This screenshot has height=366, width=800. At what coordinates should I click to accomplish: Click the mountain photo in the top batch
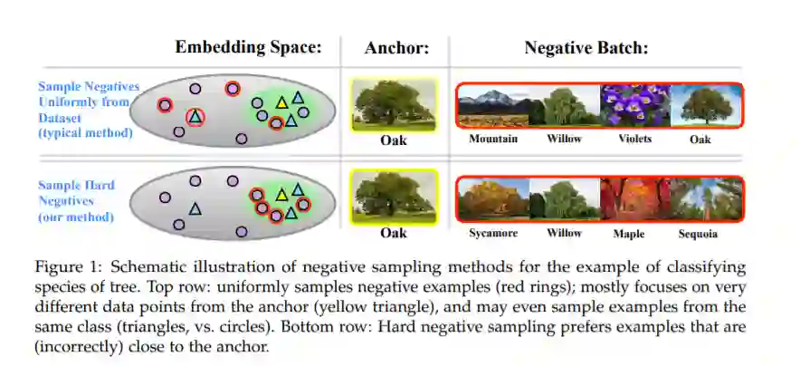click(x=493, y=105)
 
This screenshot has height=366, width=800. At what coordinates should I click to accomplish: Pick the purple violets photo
click(x=635, y=105)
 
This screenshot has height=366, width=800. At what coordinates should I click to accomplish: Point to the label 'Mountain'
click(x=493, y=140)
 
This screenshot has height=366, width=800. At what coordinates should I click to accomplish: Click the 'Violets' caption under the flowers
click(x=635, y=140)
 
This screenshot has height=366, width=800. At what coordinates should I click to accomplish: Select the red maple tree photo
click(x=635, y=199)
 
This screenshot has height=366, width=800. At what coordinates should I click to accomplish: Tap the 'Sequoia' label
click(x=698, y=234)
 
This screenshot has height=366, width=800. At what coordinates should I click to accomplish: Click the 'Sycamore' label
click(x=493, y=234)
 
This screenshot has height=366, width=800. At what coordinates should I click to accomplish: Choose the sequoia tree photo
click(x=706, y=199)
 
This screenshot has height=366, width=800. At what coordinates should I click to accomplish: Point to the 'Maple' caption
click(x=629, y=234)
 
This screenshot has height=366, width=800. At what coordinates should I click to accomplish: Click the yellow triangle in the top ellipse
click(x=281, y=101)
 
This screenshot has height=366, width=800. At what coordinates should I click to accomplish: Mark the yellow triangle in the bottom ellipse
click(x=281, y=194)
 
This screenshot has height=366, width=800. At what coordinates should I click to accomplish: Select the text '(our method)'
click(x=76, y=217)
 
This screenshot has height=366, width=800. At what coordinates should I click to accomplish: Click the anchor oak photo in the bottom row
click(x=394, y=196)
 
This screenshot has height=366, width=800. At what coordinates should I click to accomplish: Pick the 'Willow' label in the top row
click(x=564, y=140)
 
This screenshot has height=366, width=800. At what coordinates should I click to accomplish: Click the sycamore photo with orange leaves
click(x=493, y=199)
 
